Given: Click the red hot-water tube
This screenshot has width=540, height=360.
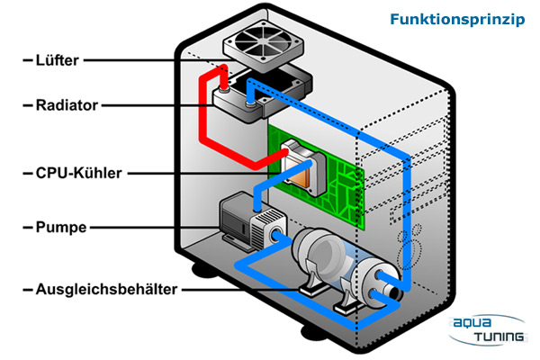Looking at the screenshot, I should coord(203,126).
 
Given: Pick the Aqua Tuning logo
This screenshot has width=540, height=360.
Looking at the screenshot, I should coord(490,329).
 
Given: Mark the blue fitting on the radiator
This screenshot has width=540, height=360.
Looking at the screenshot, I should coord(248,105).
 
